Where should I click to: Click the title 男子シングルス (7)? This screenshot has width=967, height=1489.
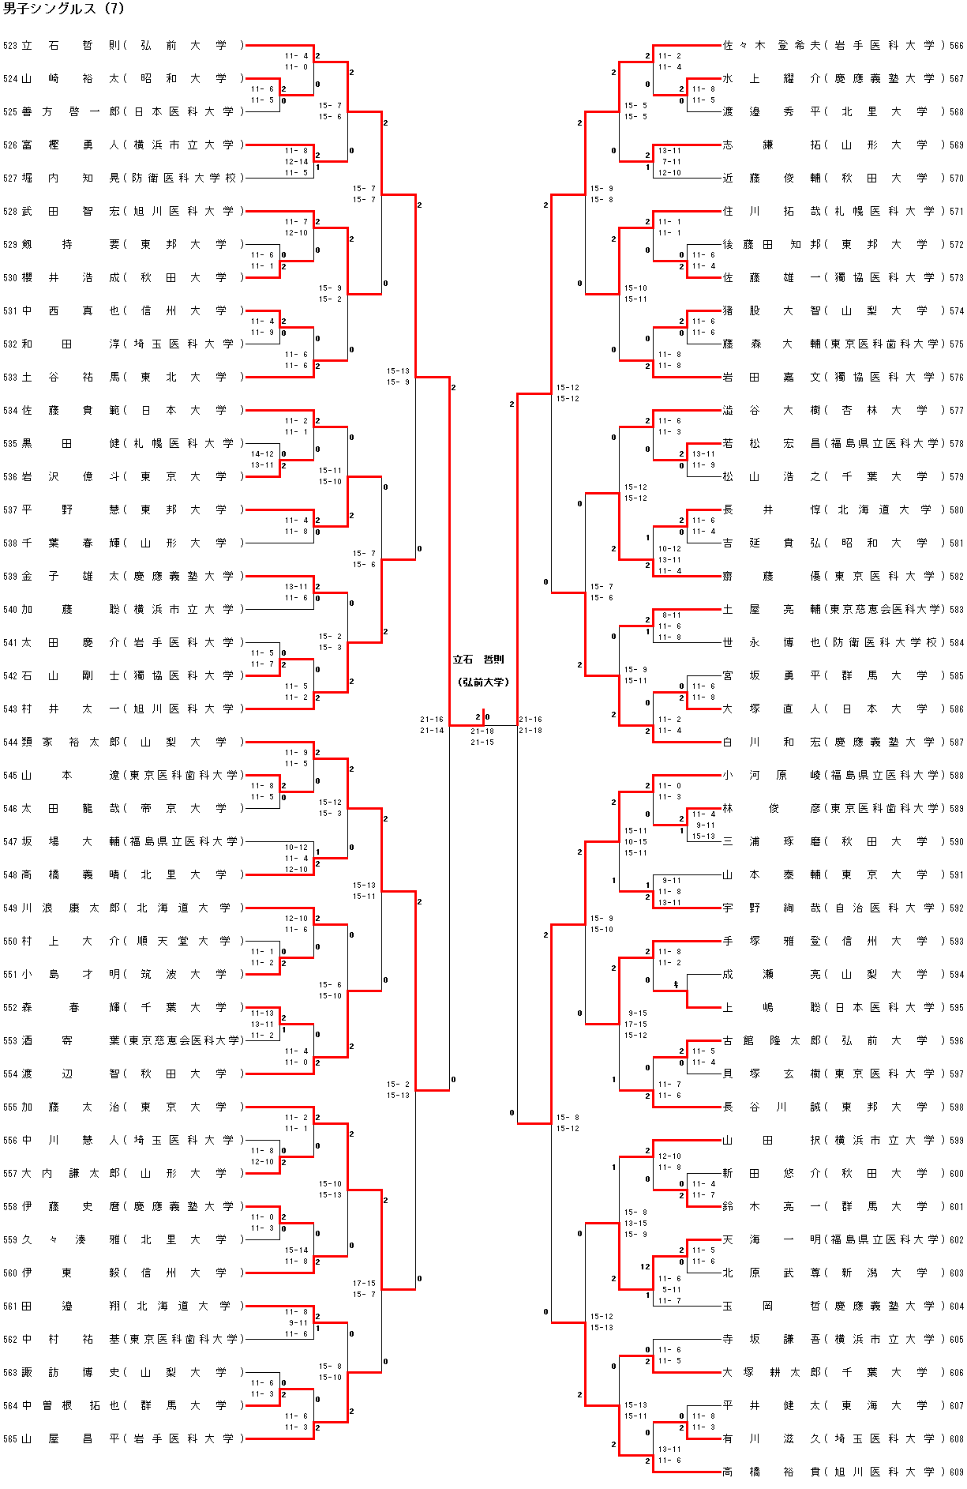pyautogui.click(x=64, y=9)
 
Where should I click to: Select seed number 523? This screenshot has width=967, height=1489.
pyautogui.click(x=9, y=46)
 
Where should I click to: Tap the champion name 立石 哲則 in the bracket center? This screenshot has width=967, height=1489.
pyautogui.click(x=478, y=660)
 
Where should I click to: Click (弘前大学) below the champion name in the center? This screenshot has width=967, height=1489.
pyautogui.click(x=483, y=682)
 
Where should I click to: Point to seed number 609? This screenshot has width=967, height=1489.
pyautogui.click(x=957, y=1472)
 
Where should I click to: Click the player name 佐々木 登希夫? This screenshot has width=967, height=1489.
pyautogui.click(x=772, y=46)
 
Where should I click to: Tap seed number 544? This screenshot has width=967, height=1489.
pyautogui.click(x=9, y=743)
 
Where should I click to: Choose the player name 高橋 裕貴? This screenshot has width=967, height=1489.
pyautogui.click(x=772, y=1472)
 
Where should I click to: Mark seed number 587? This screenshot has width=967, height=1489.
pyautogui.click(x=957, y=743)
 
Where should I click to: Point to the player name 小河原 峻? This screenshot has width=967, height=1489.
pyautogui.click(x=772, y=775)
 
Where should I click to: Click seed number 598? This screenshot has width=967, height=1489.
pyautogui.click(x=957, y=1107)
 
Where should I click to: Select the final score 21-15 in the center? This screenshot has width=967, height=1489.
pyautogui.click(x=482, y=743)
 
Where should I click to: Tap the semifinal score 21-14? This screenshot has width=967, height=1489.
pyautogui.click(x=432, y=731)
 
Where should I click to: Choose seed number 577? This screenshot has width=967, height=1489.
pyautogui.click(x=957, y=411)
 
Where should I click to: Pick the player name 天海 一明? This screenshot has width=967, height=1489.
pyautogui.click(x=772, y=1239)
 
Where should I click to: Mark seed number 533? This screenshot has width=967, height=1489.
pyautogui.click(x=9, y=378)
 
